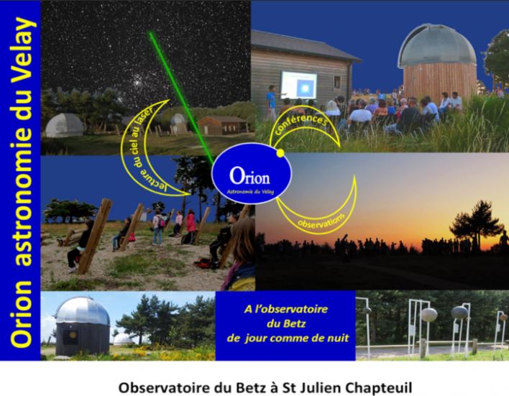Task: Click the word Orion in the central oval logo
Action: pos(249,176)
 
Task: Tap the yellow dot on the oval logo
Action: pos(281,152)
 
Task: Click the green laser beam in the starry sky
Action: pos(182,97)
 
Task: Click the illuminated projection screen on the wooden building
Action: pos(298,85)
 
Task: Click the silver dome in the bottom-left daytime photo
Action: pos(82,311)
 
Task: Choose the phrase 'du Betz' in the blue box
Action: pos(286,323)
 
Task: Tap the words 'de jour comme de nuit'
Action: pos(288,339)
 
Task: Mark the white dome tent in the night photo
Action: pos(64,125)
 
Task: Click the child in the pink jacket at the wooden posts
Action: pos(191,225)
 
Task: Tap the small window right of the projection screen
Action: pos(337,83)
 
